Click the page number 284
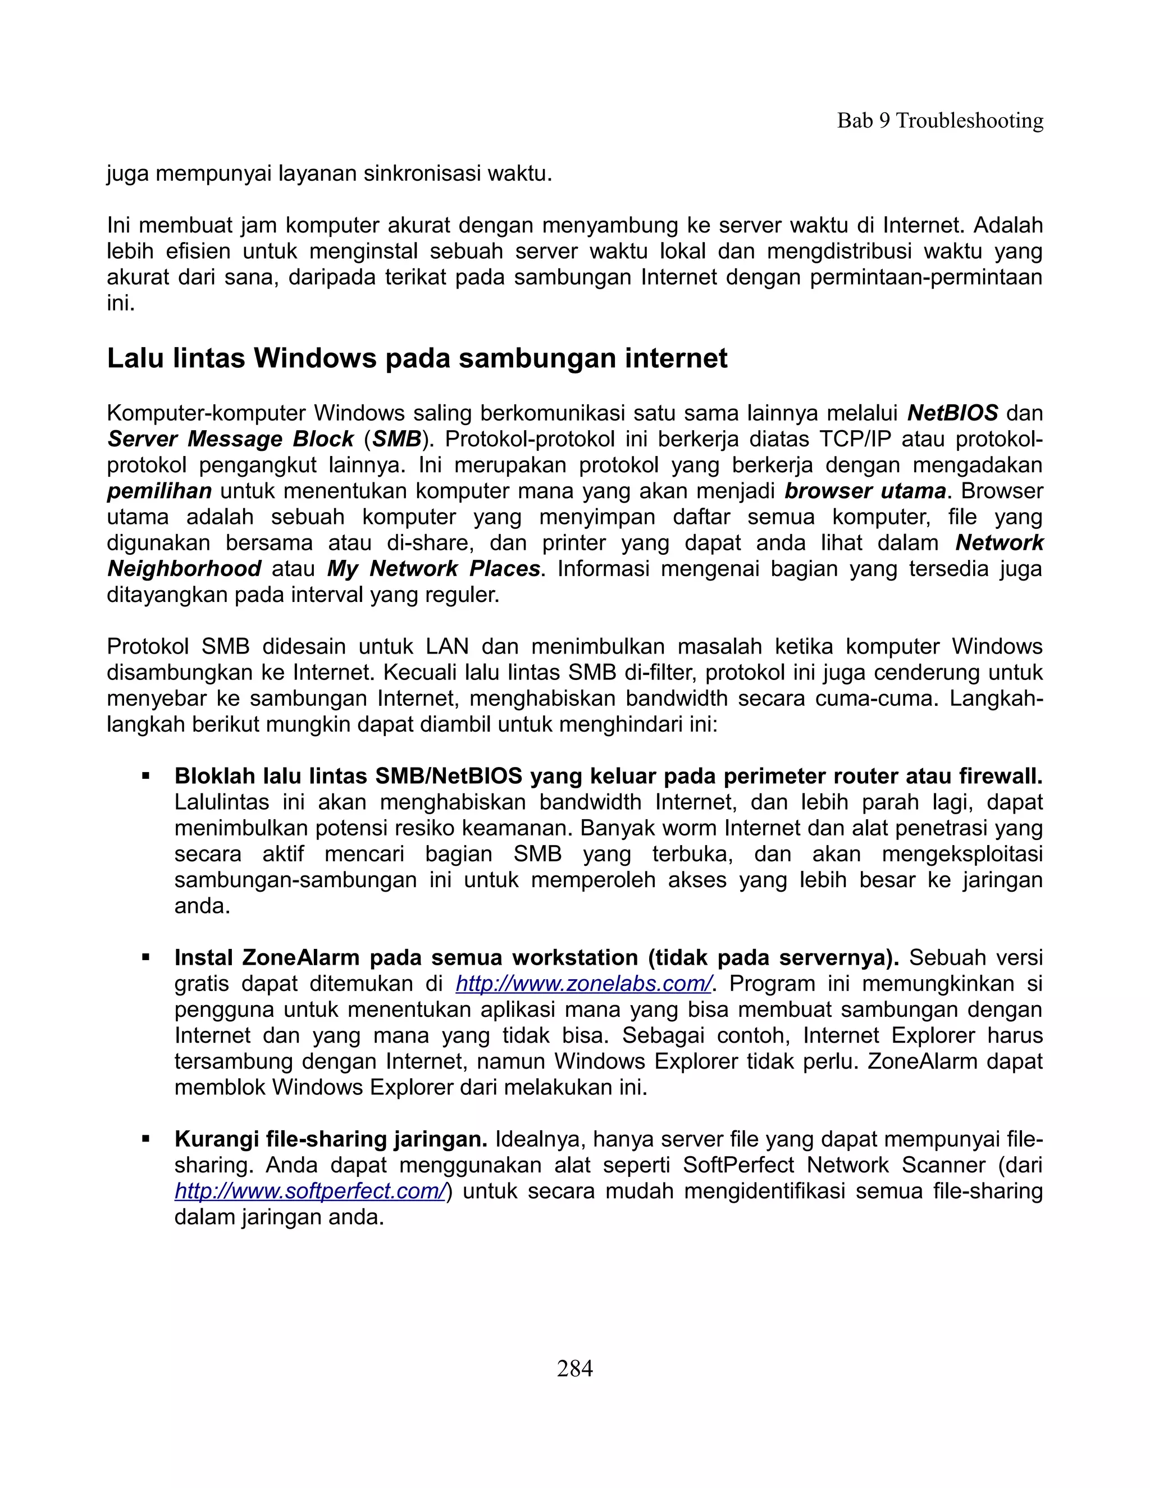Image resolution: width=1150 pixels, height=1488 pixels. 574,1368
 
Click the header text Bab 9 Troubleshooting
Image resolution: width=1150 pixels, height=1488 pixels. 939,121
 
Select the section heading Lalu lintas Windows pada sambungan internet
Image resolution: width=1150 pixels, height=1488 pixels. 417,358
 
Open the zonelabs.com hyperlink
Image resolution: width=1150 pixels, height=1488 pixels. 583,984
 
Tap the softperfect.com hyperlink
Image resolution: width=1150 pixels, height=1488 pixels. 310,1191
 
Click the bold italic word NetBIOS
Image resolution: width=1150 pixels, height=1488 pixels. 952,413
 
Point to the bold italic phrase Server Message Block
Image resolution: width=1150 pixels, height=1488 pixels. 230,439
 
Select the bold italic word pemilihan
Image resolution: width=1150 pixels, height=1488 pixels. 159,491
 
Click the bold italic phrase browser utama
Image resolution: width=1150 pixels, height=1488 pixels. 865,491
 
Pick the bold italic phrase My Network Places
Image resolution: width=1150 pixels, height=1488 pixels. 433,568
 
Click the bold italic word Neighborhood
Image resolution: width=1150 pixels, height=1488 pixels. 184,568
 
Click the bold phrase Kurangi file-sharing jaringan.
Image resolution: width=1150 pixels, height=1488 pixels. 331,1139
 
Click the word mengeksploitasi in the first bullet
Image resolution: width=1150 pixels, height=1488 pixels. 962,853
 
